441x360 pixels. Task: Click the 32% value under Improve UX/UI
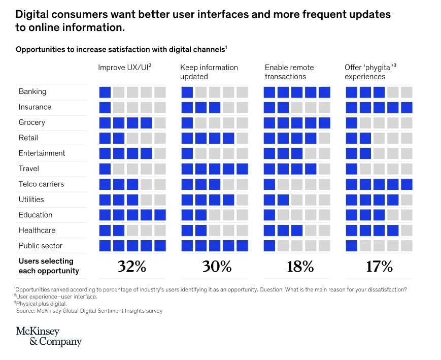(x=132, y=267)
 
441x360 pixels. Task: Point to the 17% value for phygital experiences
(x=379, y=267)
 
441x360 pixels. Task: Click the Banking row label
(x=32, y=91)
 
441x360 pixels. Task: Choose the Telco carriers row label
(x=42, y=184)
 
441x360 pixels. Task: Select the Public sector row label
(x=41, y=246)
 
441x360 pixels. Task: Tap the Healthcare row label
(x=37, y=230)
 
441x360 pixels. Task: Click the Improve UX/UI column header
(x=125, y=68)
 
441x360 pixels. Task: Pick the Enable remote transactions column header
(x=289, y=72)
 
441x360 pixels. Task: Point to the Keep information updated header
(x=209, y=72)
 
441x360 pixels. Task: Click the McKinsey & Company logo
(x=49, y=337)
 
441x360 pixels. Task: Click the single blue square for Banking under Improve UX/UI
(x=105, y=92)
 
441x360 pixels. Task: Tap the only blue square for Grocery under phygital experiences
(x=351, y=123)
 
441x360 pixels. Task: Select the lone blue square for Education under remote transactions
(x=269, y=215)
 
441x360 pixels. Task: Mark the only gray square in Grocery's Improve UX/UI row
(x=160, y=123)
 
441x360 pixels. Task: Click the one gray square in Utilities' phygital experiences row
(x=406, y=200)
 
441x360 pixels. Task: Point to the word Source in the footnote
(x=26, y=311)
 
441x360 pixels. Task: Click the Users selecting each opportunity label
(x=49, y=266)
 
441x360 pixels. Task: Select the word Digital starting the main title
(x=32, y=14)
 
